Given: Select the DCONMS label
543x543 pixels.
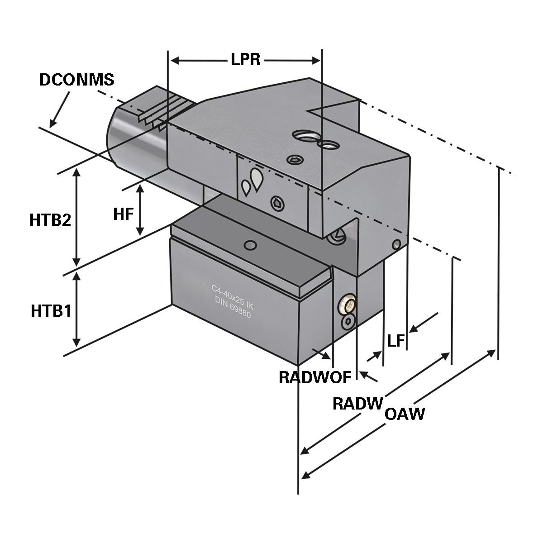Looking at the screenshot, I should click(77, 80).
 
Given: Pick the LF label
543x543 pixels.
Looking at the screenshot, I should click(395, 341).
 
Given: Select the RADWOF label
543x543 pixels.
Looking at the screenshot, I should click(315, 377).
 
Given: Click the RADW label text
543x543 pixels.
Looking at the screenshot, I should click(358, 403).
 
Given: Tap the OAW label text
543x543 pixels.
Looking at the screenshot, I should click(405, 414).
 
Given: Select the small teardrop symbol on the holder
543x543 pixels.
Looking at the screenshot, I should click(246, 187).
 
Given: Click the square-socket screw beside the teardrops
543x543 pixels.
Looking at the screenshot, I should click(277, 203).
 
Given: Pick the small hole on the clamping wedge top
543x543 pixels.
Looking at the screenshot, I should click(248, 245).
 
